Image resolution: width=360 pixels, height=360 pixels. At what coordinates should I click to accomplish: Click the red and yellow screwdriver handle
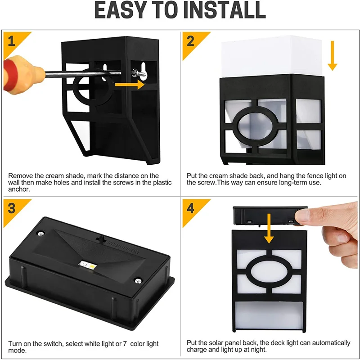[x=22, y=75]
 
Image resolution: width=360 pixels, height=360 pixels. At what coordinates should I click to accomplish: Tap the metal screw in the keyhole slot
[x=139, y=73]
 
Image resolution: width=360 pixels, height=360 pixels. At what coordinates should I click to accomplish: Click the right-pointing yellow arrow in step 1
[x=130, y=85]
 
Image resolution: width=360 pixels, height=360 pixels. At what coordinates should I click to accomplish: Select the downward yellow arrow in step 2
[x=332, y=55]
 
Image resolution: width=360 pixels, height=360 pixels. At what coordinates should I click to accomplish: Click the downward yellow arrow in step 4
[x=269, y=229]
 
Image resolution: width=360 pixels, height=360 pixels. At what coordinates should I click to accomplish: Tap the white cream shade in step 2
[x=272, y=56]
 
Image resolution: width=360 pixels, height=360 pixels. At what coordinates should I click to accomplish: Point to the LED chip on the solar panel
[x=88, y=265]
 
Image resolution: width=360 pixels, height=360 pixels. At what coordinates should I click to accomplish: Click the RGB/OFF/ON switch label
[x=123, y=247]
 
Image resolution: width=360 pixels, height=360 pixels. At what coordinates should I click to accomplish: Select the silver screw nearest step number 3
[x=40, y=234]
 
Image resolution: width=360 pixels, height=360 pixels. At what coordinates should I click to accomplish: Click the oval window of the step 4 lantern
[x=269, y=272]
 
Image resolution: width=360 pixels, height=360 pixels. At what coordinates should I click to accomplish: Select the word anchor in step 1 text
[x=19, y=189]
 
